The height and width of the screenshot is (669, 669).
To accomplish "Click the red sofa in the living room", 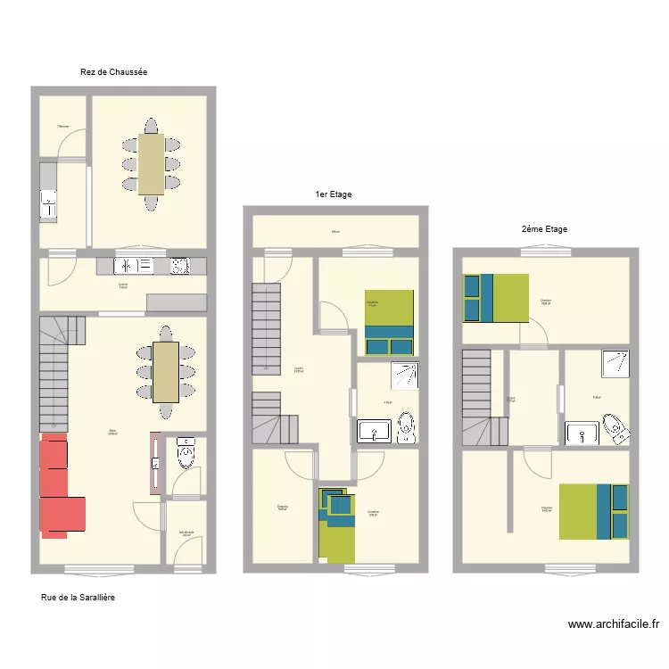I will [61, 487].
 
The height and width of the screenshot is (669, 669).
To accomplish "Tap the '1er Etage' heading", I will [333, 194].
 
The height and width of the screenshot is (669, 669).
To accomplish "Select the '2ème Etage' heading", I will [544, 229].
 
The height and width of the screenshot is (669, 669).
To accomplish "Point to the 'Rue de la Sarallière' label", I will [78, 598].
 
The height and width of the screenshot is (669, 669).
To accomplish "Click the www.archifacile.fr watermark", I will [613, 625].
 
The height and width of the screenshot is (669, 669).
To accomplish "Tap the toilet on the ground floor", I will [186, 453].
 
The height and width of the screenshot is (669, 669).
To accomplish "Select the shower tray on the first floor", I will [405, 377].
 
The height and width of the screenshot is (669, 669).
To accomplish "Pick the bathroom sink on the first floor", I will [372, 433].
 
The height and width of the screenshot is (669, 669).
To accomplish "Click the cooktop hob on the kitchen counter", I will [179, 266].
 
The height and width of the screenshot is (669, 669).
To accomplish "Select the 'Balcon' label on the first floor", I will [335, 232].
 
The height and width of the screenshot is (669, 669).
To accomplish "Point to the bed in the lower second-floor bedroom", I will [593, 511].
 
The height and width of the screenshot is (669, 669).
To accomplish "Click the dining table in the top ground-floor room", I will [151, 164].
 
